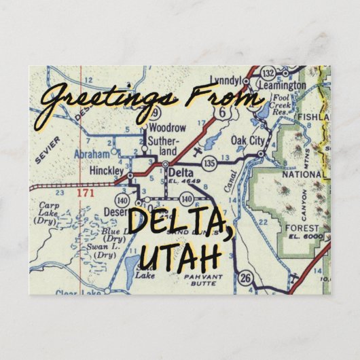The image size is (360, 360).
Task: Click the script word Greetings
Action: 95,102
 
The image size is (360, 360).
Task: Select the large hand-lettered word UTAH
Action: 179,257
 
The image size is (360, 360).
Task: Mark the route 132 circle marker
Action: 269,73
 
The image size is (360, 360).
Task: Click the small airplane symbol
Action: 196,149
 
